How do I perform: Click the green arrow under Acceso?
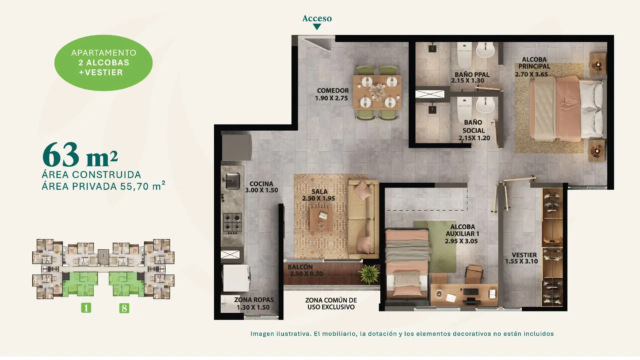point(317,27)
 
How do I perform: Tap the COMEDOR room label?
point(333,91)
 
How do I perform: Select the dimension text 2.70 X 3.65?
point(531,74)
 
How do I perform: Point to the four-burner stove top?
point(232,223)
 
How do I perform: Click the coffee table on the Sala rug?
point(321,219)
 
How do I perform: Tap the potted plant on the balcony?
point(369,274)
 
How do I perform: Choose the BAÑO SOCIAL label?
point(473,126)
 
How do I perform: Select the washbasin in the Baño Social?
point(485,105)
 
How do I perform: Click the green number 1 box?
point(86,308)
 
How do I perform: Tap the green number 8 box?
point(124,308)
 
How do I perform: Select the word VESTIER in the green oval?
point(104,72)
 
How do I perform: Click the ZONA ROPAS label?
point(254,300)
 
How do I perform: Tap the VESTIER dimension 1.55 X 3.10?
point(521,261)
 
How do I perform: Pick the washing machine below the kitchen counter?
point(236,278)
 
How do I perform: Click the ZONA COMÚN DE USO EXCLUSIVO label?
point(331,304)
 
